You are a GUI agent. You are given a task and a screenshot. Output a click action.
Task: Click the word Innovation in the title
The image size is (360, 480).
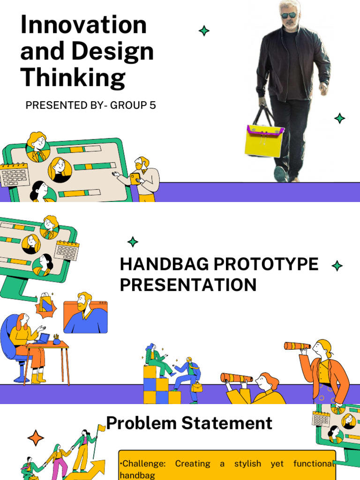83,25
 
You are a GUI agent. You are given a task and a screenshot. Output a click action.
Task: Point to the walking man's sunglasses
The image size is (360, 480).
289,15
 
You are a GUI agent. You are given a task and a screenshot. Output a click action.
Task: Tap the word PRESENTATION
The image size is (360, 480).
188,285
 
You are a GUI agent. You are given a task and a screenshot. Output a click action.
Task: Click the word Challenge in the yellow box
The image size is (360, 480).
144,464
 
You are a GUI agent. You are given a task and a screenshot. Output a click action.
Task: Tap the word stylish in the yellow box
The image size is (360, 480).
247,464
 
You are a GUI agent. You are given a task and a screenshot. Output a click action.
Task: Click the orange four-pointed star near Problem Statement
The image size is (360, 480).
36,438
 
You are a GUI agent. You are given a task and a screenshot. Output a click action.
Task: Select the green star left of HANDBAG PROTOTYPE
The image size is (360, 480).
133,242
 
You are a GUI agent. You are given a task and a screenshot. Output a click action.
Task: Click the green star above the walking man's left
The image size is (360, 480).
204,31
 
